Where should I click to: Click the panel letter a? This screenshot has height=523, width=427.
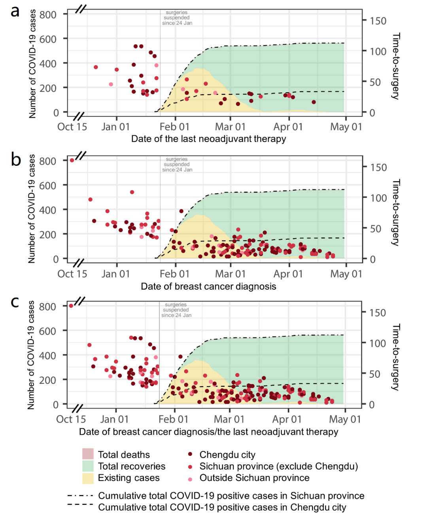pyautogui.click(x=15, y=11)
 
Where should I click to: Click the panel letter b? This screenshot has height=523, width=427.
pyautogui.click(x=16, y=159)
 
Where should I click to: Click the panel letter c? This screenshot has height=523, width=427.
pyautogui.click(x=15, y=302)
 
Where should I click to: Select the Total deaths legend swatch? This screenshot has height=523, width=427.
pyautogui.click(x=88, y=454)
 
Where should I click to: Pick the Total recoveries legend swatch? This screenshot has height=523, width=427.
pyautogui.click(x=88, y=466)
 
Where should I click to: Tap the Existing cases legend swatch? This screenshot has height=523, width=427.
pyautogui.click(x=88, y=478)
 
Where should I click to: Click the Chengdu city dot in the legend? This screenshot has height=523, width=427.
pyautogui.click(x=190, y=455)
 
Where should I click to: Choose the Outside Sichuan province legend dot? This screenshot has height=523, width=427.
pyautogui.click(x=190, y=479)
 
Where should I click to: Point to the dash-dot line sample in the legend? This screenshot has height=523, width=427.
pyautogui.click(x=80, y=496)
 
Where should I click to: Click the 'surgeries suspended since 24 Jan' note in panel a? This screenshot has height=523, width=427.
pyautogui.click(x=177, y=18)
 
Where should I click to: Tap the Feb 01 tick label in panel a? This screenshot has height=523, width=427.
pyautogui.click(x=174, y=127)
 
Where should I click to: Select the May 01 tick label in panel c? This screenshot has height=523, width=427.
pyautogui.click(x=345, y=419)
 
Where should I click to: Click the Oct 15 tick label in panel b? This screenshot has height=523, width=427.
pyautogui.click(x=72, y=274)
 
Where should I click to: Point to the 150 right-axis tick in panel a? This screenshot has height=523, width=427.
pyautogui.click(x=378, y=21)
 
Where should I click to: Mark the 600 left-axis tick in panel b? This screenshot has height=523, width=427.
pyautogui.click(x=47, y=186)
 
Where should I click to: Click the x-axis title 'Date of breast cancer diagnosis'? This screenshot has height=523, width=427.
pyautogui.click(x=208, y=286)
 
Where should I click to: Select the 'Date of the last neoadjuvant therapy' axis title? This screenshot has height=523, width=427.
pyautogui.click(x=208, y=139)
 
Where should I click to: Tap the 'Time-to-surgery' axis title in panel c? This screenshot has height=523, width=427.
pyautogui.click(x=396, y=357)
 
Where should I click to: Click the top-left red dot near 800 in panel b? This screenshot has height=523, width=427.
pyautogui.click(x=72, y=160)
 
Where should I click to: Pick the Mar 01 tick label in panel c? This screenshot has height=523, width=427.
pyautogui.click(x=229, y=419)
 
